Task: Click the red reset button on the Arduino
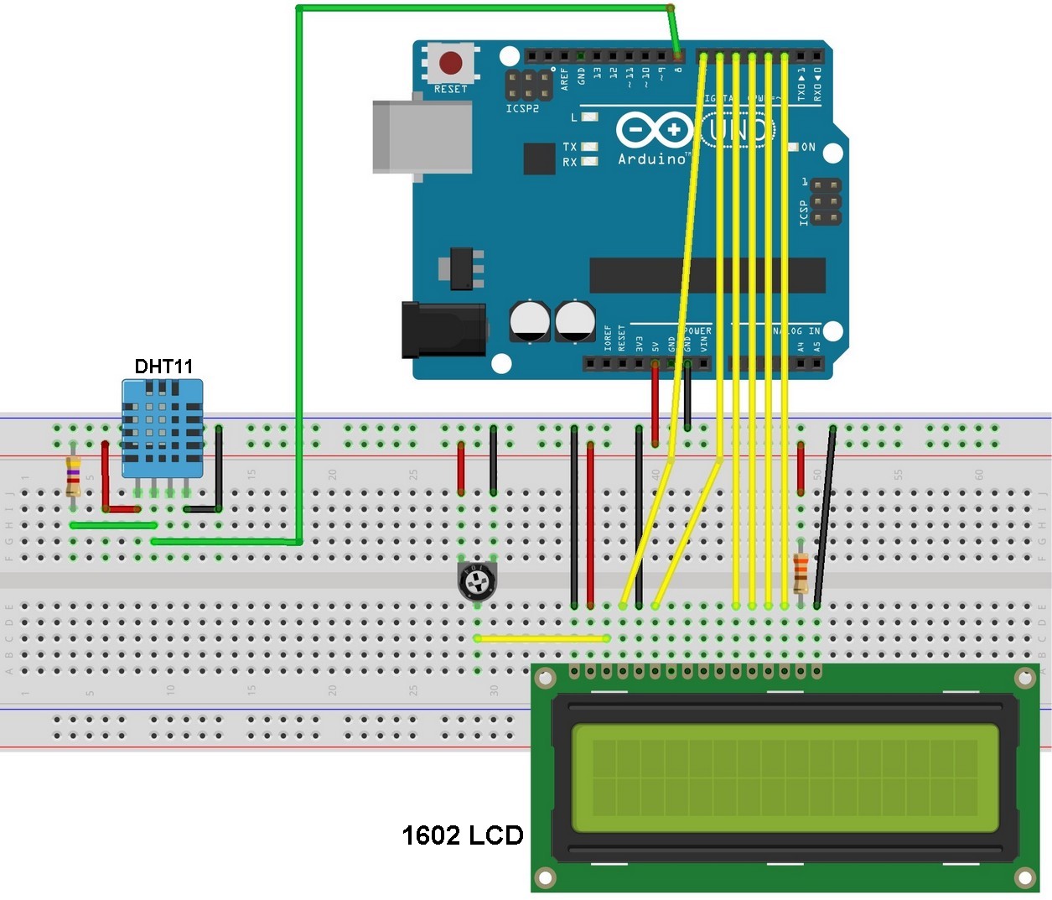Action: tap(450, 63)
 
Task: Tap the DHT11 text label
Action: tap(163, 367)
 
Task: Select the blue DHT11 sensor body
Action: tap(163, 428)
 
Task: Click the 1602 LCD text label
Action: tap(462, 835)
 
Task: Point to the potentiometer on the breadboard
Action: tap(477, 581)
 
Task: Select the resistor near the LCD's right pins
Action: tap(801, 574)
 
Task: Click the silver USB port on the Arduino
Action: tap(422, 137)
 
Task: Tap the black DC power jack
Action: tap(443, 330)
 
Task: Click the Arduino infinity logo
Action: tap(654, 130)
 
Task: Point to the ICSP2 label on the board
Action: tap(522, 109)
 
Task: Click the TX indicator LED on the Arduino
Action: tap(589, 147)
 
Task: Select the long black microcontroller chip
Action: tap(707, 275)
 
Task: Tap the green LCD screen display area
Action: tap(785, 778)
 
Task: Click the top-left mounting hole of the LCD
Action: tap(545, 677)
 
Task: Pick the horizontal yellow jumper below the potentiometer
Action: tap(542, 638)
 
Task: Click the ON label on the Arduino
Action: tap(808, 147)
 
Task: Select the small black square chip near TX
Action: tap(539, 159)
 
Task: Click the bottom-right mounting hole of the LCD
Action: tap(1025, 877)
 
